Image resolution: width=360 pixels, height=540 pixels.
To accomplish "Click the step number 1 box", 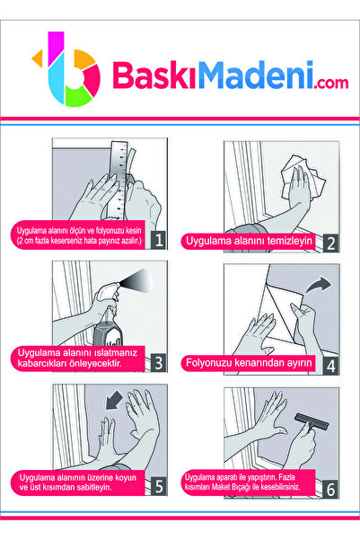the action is point(159,240).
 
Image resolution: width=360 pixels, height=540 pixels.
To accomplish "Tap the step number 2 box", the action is point(330,243).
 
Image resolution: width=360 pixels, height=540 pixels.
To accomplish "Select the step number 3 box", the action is point(159,363).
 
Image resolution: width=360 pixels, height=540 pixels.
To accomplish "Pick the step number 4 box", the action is point(330,366).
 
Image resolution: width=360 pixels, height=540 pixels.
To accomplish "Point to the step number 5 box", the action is point(159,486).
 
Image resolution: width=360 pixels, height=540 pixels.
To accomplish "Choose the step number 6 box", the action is point(330,489).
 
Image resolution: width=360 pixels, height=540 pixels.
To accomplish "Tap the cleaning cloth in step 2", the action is point(303,177).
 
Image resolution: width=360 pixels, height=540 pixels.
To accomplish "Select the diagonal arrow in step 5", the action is point(114,401).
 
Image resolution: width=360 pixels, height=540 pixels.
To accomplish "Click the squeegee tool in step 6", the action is point(311,423).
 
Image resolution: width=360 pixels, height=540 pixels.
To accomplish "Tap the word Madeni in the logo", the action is point(256,75).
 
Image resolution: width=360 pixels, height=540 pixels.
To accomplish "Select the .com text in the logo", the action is point(331,83).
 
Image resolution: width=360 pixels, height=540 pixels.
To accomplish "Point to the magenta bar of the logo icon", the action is point(56,48).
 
